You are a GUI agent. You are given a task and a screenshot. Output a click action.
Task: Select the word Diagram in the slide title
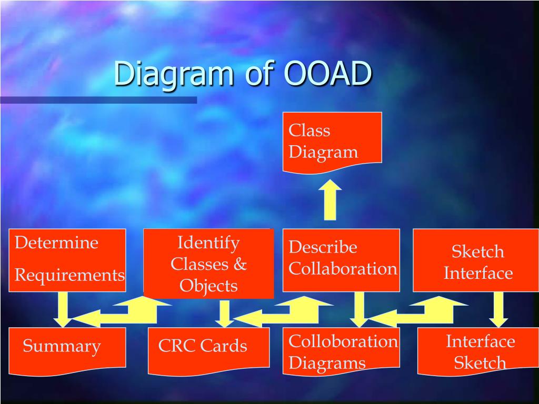173,74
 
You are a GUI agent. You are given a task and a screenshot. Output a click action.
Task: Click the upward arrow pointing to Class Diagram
330,200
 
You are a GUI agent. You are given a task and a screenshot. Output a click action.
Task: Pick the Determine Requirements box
67,260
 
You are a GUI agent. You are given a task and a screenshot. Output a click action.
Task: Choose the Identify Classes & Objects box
208,264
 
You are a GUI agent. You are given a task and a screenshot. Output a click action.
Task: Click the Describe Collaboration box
341,260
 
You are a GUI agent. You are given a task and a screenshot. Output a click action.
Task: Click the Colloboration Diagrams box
341,350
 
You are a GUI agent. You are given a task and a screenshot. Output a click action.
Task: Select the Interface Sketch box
479,350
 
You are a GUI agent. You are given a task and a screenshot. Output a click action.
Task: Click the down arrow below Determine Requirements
63,308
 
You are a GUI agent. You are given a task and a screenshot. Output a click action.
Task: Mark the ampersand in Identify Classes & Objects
240,264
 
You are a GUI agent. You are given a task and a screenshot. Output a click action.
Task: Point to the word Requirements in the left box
69,275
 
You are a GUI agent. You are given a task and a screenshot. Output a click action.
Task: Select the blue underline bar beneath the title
98,100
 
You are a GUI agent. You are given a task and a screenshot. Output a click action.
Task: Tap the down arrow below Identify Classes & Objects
225,312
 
